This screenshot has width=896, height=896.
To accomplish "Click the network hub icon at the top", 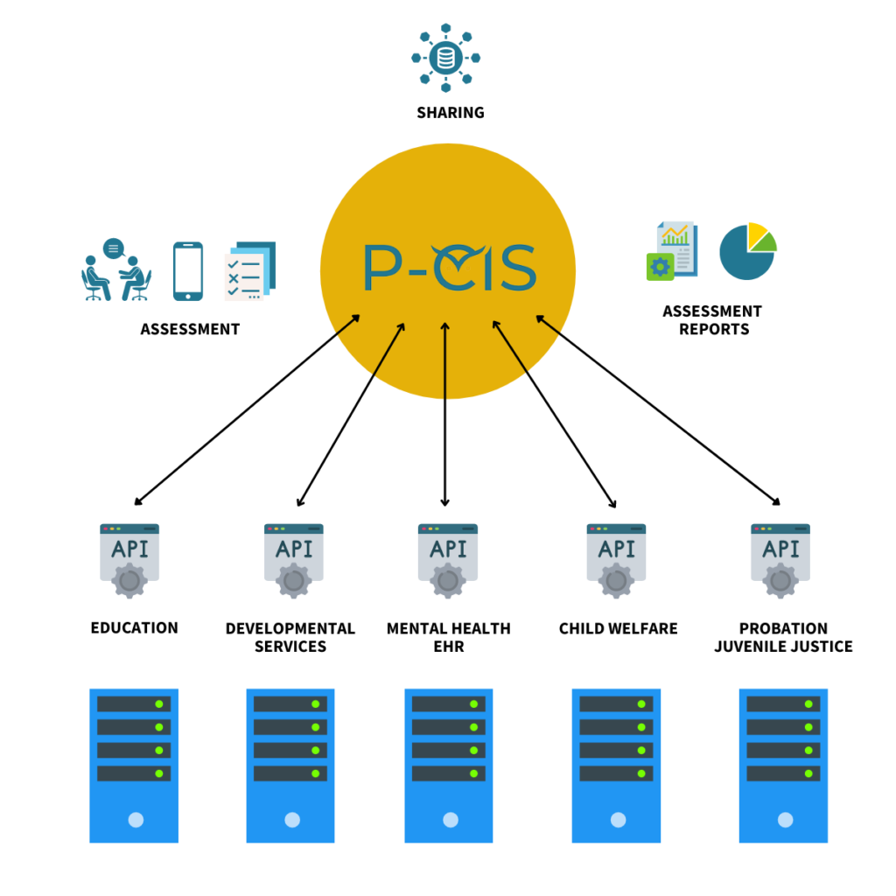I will [x=446, y=58].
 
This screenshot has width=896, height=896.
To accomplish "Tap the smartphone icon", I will [x=187, y=271].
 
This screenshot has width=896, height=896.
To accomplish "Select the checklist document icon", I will [x=248, y=272].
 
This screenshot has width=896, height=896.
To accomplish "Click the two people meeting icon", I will [x=116, y=271].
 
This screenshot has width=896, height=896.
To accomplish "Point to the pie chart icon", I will [x=747, y=252].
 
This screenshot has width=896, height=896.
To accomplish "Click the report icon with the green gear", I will [x=672, y=251].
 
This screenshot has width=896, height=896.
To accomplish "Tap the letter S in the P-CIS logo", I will [x=516, y=269].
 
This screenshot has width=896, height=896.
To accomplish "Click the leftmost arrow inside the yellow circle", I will [x=348, y=325].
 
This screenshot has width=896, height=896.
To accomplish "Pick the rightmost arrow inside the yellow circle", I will [x=548, y=325].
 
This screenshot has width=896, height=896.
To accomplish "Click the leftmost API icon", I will [x=129, y=556].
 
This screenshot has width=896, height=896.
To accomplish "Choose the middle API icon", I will [x=448, y=556].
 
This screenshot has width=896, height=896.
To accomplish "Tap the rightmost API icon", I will [x=780, y=556].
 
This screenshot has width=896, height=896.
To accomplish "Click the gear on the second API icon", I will [x=294, y=581].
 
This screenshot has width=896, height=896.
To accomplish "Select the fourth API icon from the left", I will [x=617, y=556].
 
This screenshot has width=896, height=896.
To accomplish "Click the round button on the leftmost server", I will [x=136, y=820].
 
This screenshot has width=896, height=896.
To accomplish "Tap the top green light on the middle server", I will [x=473, y=703].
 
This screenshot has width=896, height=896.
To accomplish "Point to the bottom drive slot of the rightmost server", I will [x=783, y=773].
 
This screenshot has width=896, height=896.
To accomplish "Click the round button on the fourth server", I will [x=618, y=820].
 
